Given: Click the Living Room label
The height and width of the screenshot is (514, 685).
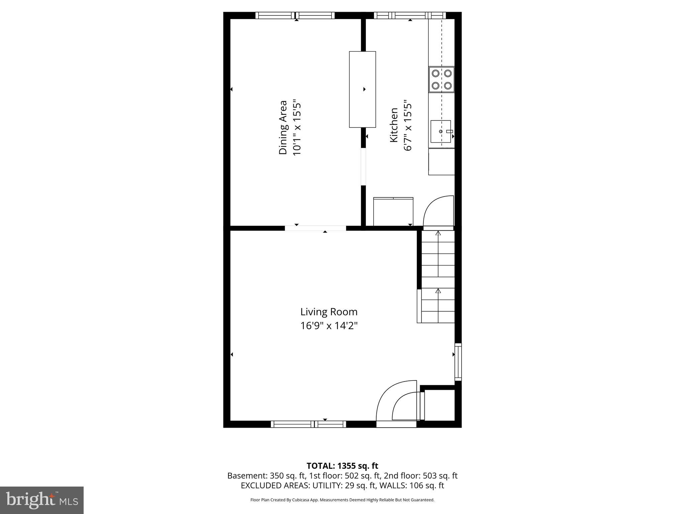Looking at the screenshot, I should [x=329, y=312].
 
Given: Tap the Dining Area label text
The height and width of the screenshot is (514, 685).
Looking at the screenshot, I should [x=283, y=127].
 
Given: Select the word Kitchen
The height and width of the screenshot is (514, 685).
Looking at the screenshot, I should [x=394, y=125].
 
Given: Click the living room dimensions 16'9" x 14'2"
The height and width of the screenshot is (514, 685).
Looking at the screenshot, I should [x=329, y=326].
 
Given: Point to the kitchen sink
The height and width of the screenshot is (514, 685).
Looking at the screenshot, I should [x=441, y=132].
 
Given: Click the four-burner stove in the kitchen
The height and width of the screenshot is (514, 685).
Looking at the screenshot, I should [x=442, y=79].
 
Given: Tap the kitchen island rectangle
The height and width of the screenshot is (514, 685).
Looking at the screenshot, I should [x=362, y=89].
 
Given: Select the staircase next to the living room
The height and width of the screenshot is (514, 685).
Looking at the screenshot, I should [x=438, y=276].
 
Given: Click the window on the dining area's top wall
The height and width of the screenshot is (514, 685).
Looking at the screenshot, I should [x=295, y=15].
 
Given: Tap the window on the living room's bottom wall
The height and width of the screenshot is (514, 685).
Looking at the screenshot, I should [x=308, y=424].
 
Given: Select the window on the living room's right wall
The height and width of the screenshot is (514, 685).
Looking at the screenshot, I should [x=458, y=362].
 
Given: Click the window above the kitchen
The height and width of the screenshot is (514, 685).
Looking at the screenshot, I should [x=410, y=15].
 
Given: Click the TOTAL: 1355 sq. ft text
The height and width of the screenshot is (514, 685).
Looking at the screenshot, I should [x=342, y=466].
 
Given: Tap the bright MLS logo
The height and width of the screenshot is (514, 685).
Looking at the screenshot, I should [x=42, y=500].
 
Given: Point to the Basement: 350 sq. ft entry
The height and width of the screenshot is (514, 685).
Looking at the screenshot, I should [x=266, y=476].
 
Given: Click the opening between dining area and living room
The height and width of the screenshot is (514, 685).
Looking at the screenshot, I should [x=315, y=228].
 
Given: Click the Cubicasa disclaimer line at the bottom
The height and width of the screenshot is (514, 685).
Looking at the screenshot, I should [x=342, y=500].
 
